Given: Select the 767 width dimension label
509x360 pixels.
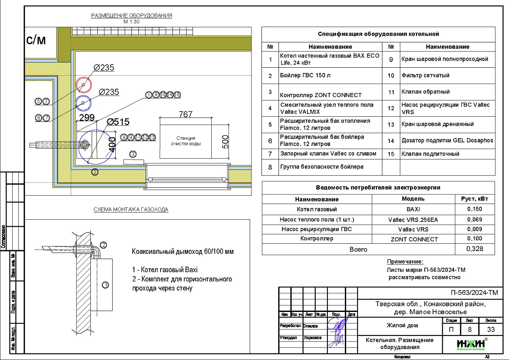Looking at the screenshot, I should (186, 114).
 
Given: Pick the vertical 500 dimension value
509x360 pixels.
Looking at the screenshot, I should (225, 142).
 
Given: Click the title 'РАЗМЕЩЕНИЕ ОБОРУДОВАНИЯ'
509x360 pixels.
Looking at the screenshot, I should (131, 16).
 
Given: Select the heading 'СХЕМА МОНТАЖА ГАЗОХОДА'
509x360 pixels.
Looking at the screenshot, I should (131, 210).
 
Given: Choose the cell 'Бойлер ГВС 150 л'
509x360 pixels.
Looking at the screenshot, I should (305, 76).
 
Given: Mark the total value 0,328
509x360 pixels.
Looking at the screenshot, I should (475, 249).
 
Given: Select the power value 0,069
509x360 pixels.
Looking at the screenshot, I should (475, 219).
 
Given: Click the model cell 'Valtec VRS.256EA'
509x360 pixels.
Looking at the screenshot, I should (413, 220).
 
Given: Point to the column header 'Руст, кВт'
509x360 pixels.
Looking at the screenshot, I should (475, 199).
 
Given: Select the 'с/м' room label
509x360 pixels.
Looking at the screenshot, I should (36, 41).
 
